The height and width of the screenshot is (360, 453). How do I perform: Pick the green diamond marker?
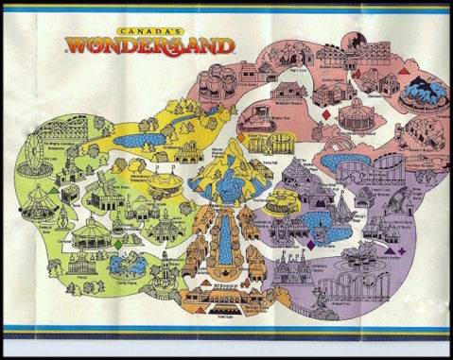tap(117, 243)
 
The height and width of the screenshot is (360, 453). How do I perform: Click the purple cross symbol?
tap(401, 251)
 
